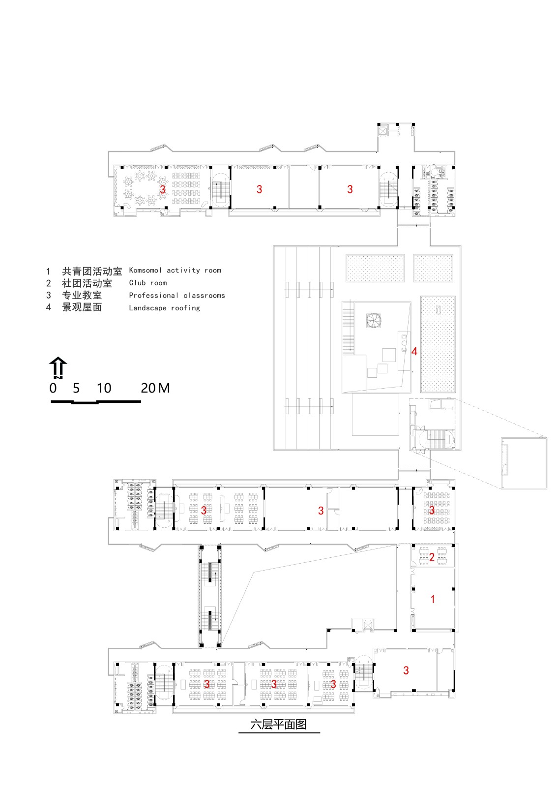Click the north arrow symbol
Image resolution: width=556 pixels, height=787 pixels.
(58, 367)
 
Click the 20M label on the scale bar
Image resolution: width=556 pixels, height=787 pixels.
(155, 388)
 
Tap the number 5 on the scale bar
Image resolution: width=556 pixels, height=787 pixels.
(76, 388)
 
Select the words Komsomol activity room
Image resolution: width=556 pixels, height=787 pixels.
(175, 270)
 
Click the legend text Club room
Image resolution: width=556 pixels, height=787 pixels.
(148, 283)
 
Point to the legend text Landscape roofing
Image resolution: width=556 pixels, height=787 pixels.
(164, 308)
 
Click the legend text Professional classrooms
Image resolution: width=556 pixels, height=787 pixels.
(177, 295)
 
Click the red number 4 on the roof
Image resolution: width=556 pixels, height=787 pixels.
(414, 351)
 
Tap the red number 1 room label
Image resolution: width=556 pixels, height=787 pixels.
(433, 599)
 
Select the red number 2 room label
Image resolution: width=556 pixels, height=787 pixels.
(432, 557)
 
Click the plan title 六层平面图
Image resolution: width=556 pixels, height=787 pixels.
(278, 725)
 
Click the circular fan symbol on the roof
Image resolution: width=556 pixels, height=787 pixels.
(374, 320)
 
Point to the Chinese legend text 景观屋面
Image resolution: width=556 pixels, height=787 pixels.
(82, 307)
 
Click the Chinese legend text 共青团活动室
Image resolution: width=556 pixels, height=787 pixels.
(91, 271)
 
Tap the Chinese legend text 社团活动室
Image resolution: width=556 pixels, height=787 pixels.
(87, 283)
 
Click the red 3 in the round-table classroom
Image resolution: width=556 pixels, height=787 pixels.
(162, 189)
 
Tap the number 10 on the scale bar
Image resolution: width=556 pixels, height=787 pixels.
(104, 388)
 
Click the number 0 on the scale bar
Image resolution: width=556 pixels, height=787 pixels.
(53, 388)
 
